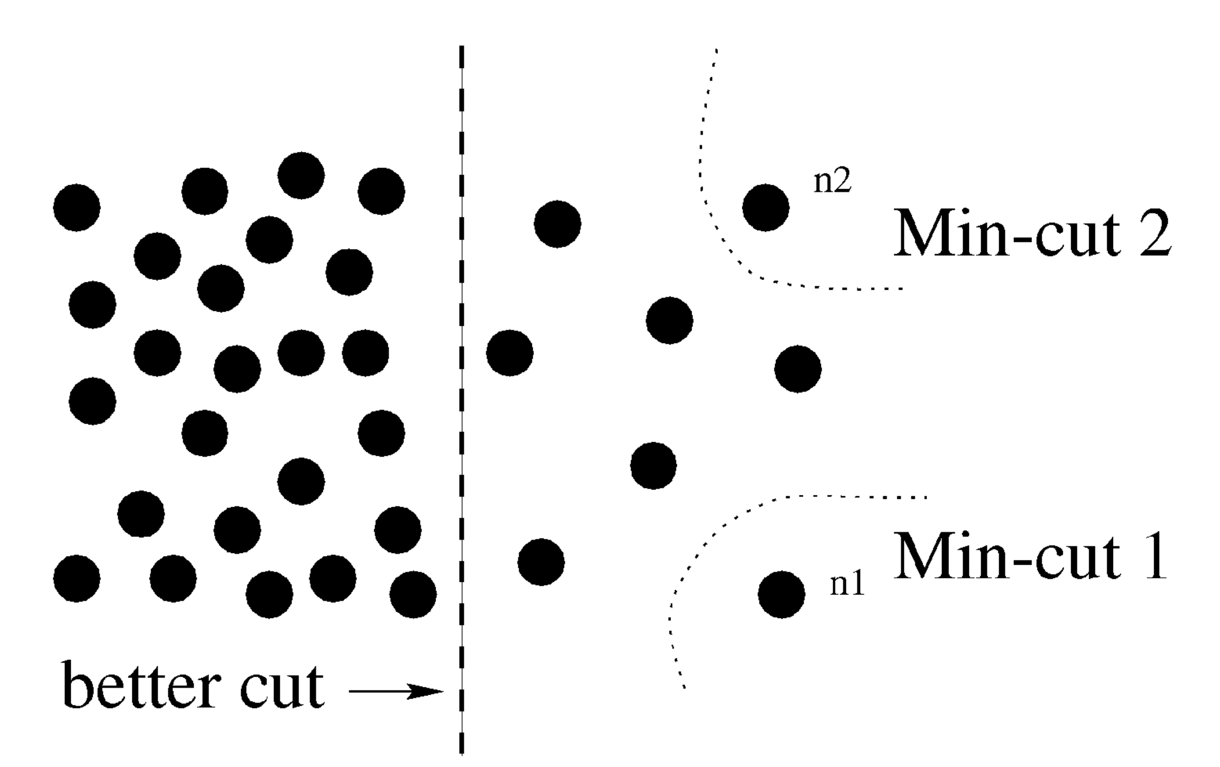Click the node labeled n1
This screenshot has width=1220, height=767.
(x=781, y=595)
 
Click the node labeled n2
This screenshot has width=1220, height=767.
(x=765, y=207)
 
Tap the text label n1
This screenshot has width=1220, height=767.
(x=847, y=584)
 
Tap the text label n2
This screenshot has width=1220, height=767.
(x=832, y=182)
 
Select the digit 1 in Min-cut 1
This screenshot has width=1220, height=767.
(x=1151, y=556)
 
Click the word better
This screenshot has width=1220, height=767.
(x=142, y=685)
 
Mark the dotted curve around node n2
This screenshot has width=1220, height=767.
(x=719, y=223)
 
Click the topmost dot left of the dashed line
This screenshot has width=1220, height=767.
(x=301, y=175)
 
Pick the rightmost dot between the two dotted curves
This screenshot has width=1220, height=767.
(x=798, y=368)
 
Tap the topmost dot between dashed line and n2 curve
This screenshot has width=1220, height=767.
(x=557, y=224)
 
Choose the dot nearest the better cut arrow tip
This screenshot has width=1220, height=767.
(x=413, y=595)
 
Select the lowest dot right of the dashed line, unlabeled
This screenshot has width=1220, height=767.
(x=541, y=562)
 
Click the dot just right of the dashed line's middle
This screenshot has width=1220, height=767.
(x=510, y=353)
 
